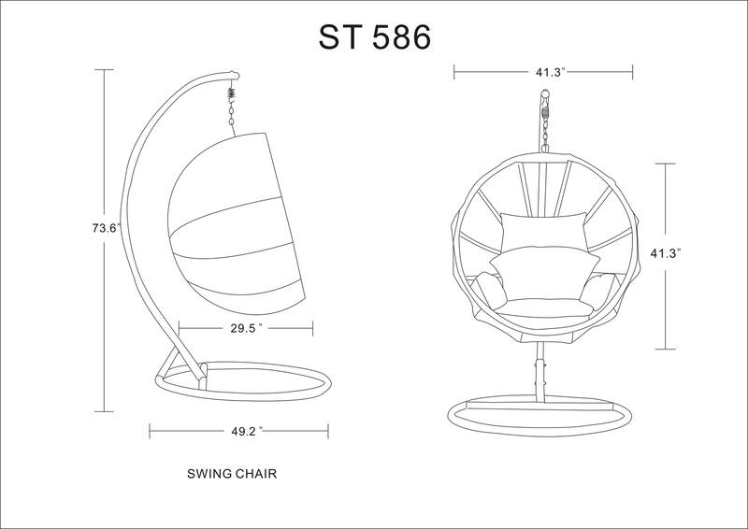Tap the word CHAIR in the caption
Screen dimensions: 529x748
pos(254,474)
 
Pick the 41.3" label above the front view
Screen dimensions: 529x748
pos(542,70)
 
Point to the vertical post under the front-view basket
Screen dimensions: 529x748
pos(539,374)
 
